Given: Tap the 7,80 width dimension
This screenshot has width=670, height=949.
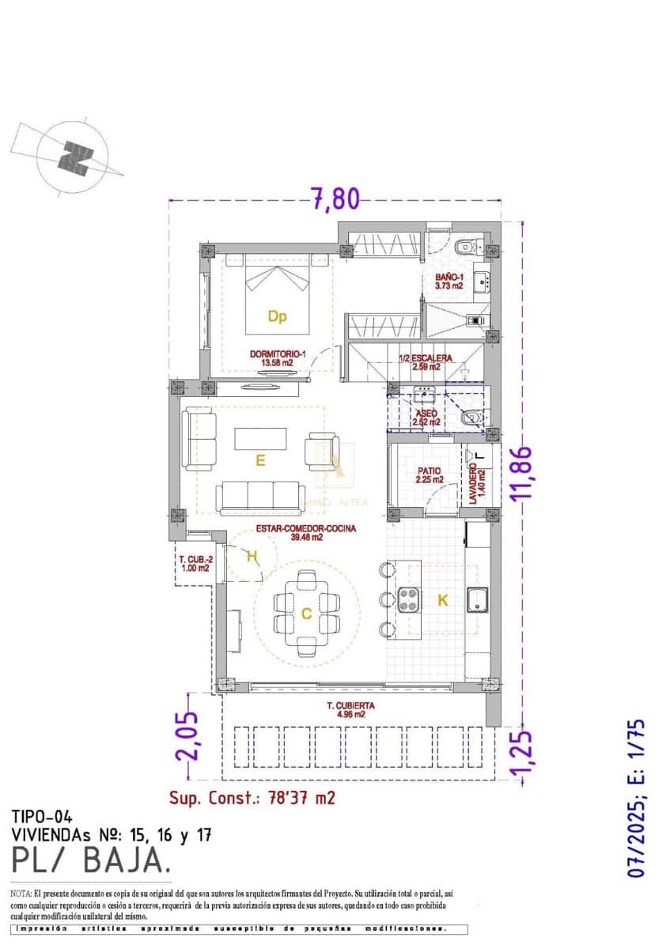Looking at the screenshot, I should point(335,198).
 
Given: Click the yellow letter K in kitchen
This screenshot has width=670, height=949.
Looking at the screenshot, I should point(443,600).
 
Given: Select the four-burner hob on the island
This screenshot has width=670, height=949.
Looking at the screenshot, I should point(408,599).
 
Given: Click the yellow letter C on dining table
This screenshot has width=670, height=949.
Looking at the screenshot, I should point(306,613).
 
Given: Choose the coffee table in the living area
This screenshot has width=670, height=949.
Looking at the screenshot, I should point(260,438).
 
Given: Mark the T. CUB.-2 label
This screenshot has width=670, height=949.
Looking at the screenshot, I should point(194,561).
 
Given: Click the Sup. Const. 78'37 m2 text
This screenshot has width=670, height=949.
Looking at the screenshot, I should point(252,797).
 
